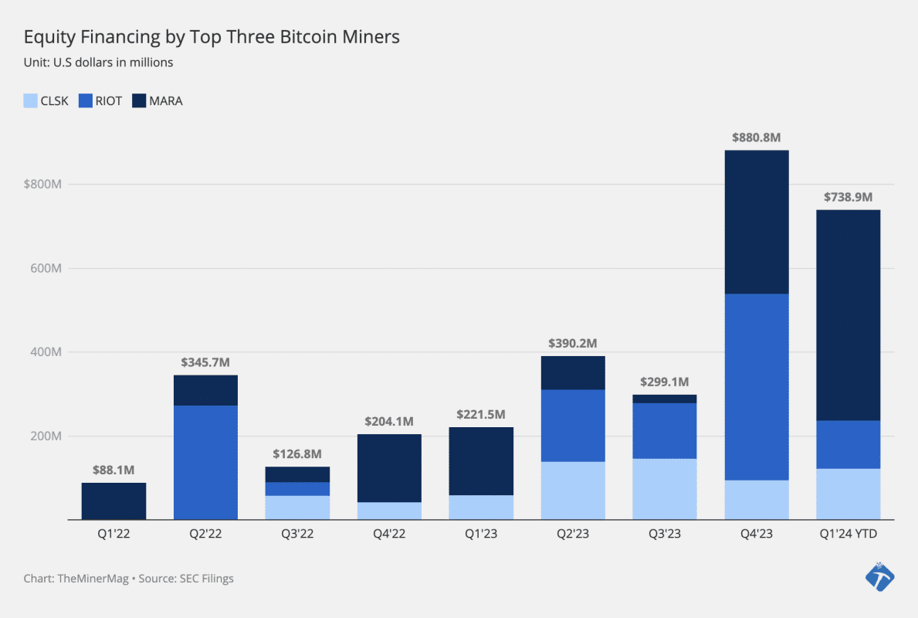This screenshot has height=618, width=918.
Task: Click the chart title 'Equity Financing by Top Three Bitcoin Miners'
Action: pos(212,36)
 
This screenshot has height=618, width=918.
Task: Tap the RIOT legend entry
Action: pos(100,100)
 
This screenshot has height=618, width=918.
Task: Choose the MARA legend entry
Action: pos(158,100)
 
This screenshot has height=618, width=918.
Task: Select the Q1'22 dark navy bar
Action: pos(113,501)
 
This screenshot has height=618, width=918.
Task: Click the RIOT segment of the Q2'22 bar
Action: pos(205,462)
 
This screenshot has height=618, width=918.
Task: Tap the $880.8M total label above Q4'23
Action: pos(756,138)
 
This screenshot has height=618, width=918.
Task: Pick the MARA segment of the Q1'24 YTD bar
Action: pos(848,315)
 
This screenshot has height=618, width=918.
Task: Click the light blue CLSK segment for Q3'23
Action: pos(664,489)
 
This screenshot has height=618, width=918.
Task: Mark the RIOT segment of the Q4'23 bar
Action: pos(756,387)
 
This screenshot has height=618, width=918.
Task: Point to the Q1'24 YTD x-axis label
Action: pos(848,535)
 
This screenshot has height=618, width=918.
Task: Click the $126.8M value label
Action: pos(297,453)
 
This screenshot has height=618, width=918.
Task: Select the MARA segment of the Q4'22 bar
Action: pos(389,468)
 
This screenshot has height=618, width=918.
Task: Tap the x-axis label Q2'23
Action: pos(573,535)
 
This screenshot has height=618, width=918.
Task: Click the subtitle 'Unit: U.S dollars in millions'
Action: pos(98,63)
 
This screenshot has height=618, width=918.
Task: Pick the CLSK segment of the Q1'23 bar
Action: pos(481,507)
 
